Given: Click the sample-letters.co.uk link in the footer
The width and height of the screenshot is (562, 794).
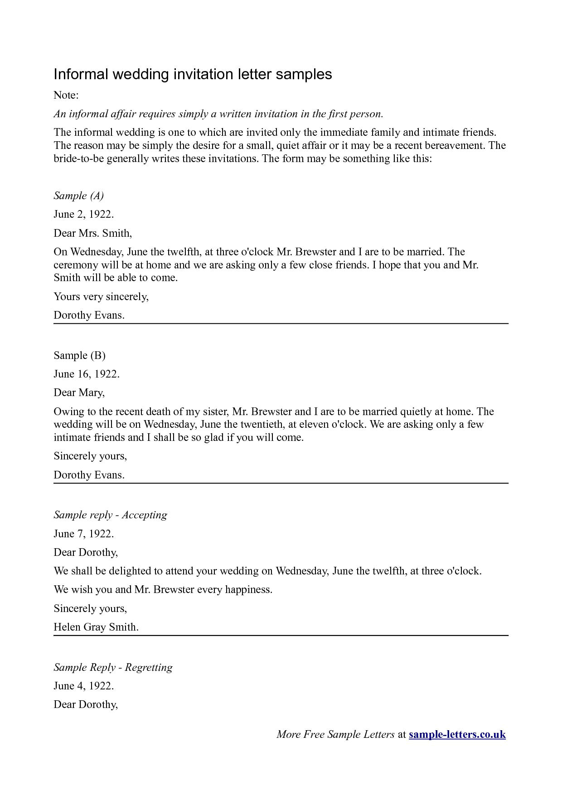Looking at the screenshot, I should pyautogui.click(x=457, y=734).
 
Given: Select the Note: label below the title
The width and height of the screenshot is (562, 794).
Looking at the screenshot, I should pyautogui.click(x=66, y=95).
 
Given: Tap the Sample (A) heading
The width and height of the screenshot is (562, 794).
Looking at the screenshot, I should pyautogui.click(x=79, y=196).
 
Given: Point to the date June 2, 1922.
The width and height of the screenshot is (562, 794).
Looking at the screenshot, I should pyautogui.click(x=83, y=214).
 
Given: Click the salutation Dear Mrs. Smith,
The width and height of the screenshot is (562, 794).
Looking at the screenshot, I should pyautogui.click(x=92, y=233).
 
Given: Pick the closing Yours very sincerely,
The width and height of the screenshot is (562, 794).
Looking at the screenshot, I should pyautogui.click(x=101, y=297).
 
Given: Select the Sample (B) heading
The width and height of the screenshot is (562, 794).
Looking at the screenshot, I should pyautogui.click(x=79, y=355).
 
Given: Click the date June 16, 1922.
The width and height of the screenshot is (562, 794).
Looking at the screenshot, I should pyautogui.click(x=86, y=374).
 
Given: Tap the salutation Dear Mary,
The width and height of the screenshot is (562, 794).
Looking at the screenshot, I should pyautogui.click(x=79, y=392).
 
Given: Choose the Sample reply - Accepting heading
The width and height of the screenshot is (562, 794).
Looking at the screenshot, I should pyautogui.click(x=110, y=515).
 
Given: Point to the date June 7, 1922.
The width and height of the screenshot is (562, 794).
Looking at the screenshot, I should pyautogui.click(x=83, y=534).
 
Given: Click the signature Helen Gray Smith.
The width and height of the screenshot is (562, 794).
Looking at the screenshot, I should pyautogui.click(x=96, y=627).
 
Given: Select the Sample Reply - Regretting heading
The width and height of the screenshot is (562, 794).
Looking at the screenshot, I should pyautogui.click(x=113, y=667).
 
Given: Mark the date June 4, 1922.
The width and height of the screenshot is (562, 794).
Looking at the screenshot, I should pyautogui.click(x=83, y=686).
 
